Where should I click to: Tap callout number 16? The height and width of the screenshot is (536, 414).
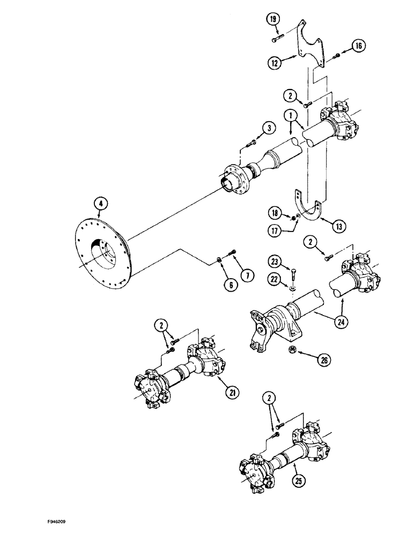coord(358,46)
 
